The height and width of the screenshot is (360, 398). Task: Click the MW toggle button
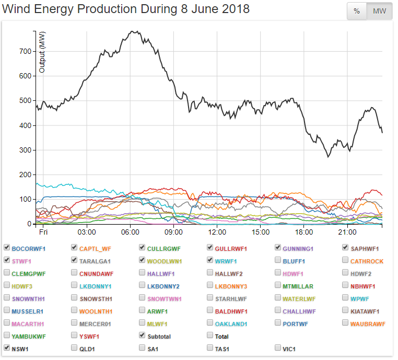(x=379, y=11)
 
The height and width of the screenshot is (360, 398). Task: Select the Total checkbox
(x=210, y=336)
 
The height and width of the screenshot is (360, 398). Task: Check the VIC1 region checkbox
(x=278, y=347)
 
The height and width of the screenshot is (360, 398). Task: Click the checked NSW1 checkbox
(x=7, y=347)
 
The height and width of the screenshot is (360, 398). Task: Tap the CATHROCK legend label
(x=367, y=261)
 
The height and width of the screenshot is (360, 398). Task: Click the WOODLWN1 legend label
(x=165, y=261)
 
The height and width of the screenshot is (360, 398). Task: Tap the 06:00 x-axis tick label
(x=130, y=231)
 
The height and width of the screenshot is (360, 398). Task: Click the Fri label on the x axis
(x=43, y=231)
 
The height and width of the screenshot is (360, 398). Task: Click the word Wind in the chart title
(x=17, y=9)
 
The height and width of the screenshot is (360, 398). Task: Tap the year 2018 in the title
(x=235, y=9)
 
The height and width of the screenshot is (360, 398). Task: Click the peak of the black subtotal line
(x=135, y=31)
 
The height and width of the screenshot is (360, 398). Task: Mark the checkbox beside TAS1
(x=210, y=347)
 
